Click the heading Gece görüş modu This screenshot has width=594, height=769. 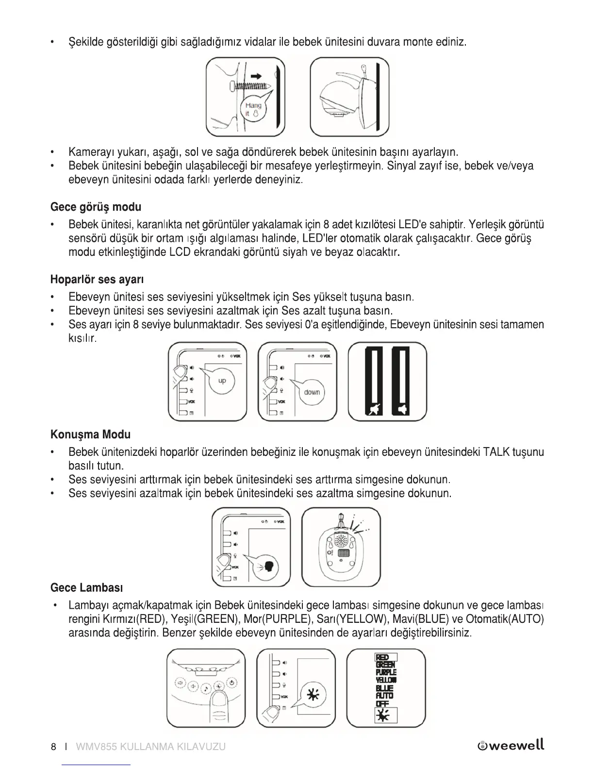(x=96, y=207)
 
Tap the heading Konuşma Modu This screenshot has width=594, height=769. (x=90, y=434)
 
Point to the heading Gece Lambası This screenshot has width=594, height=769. (x=86, y=588)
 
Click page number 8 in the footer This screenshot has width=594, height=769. (x=53, y=747)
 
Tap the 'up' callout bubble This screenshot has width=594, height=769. (x=222, y=381)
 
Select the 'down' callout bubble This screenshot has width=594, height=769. (x=312, y=392)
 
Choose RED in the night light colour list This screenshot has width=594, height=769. (x=382, y=658)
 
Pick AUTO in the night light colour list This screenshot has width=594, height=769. (x=385, y=696)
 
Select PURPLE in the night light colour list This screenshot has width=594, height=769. (x=386, y=672)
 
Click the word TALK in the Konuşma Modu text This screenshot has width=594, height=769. (x=503, y=452)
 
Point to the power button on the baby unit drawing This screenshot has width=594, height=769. (x=232, y=683)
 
